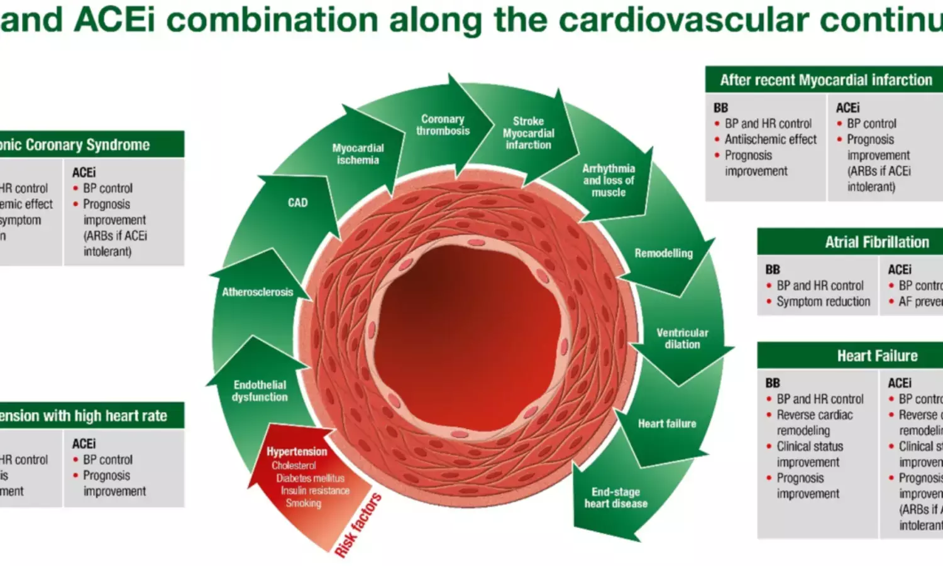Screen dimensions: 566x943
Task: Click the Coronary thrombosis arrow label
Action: click(443, 125)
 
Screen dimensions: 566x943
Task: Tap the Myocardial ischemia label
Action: click(358, 154)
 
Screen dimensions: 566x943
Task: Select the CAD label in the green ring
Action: click(297, 203)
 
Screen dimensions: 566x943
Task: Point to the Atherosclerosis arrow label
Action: click(257, 292)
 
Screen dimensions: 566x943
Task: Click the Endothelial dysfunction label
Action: click(260, 391)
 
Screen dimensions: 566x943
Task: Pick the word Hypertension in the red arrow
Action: click(297, 452)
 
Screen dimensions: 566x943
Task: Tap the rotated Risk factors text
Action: click(358, 525)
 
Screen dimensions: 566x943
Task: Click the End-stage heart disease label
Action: click(615, 498)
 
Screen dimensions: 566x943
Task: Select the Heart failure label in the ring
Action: click(667, 424)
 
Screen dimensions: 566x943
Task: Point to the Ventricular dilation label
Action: click(682, 339)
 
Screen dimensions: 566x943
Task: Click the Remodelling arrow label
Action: click(663, 253)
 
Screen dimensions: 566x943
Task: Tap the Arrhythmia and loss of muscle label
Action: click(608, 180)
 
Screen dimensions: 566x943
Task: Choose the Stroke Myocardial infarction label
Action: click(528, 133)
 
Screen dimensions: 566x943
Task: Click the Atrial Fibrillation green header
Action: click(876, 242)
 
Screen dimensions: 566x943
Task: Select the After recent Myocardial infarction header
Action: click(825, 80)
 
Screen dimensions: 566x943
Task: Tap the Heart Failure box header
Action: click(876, 356)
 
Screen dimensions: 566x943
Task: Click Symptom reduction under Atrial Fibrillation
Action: click(823, 302)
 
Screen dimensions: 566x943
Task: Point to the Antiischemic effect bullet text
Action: click(770, 139)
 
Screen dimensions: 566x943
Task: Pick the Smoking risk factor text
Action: click(303, 503)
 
